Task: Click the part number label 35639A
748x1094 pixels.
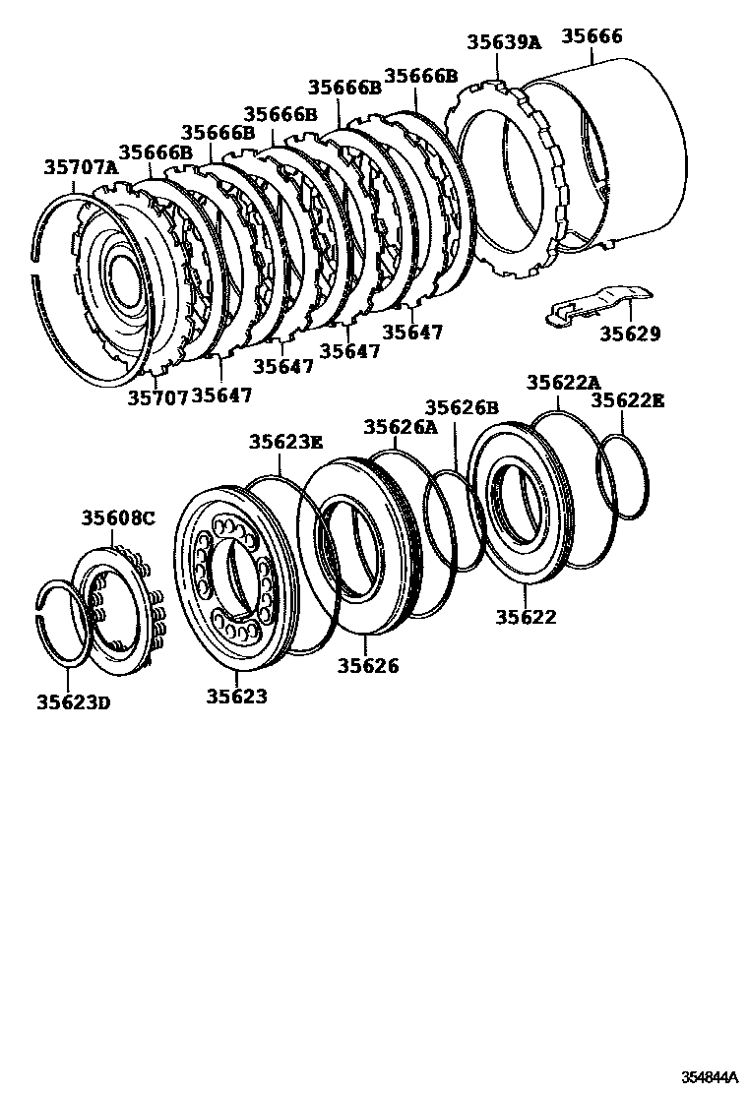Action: pyautogui.click(x=504, y=42)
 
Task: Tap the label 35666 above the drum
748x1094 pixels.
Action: pyautogui.click(x=592, y=36)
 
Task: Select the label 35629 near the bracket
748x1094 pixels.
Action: pyautogui.click(x=630, y=334)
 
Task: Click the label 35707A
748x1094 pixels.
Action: pyautogui.click(x=80, y=167)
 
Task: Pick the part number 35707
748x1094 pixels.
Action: pyautogui.click(x=156, y=398)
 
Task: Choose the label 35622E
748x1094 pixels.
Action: pyautogui.click(x=628, y=400)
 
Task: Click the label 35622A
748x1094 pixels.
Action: pyautogui.click(x=563, y=383)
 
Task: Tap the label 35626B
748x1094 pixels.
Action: pyautogui.click(x=462, y=407)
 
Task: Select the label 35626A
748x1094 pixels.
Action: pyautogui.click(x=400, y=427)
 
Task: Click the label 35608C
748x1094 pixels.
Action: pyautogui.click(x=118, y=518)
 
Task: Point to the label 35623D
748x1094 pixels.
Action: pyautogui.click(x=74, y=702)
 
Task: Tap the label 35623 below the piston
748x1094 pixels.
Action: pyautogui.click(x=236, y=697)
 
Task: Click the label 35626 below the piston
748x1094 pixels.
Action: pyautogui.click(x=368, y=666)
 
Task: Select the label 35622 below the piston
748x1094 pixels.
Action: pyautogui.click(x=526, y=617)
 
